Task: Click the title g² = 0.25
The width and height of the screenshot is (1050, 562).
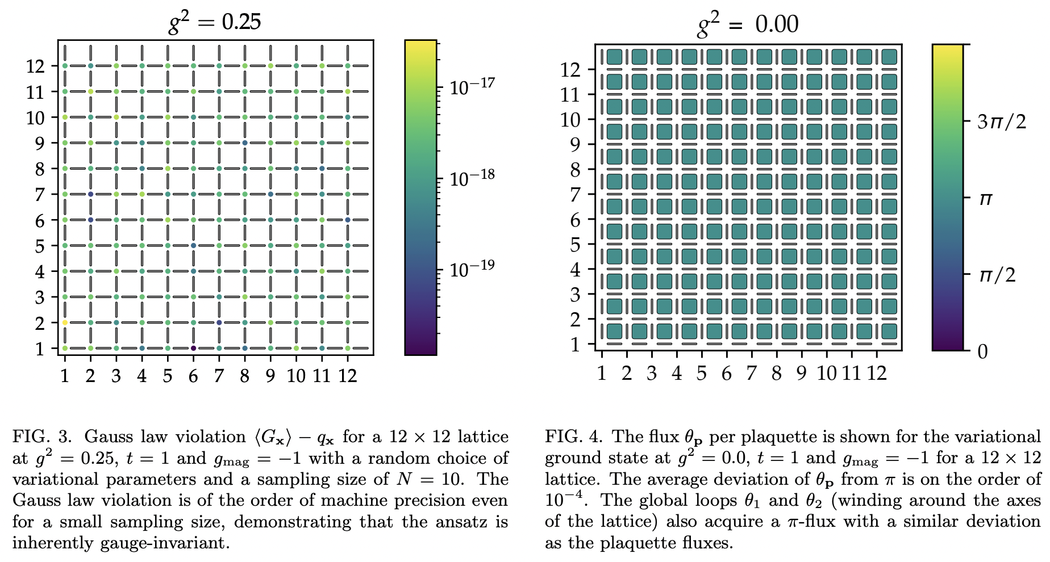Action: pos(215,23)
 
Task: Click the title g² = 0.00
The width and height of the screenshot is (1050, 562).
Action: pos(748,24)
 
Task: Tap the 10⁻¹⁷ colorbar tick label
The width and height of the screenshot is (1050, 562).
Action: pos(472,87)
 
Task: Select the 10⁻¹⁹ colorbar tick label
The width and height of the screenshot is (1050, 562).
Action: pos(472,269)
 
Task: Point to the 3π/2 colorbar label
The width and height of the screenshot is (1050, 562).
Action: pos(1001,121)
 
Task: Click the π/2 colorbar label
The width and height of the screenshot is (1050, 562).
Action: pos(997,275)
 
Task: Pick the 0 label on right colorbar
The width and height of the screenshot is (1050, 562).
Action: pos(982,351)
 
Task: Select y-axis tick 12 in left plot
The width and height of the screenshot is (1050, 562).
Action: pos(35,66)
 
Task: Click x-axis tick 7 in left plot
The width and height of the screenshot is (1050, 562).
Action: pos(219,375)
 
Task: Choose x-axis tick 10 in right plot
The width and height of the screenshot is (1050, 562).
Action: pos(826,373)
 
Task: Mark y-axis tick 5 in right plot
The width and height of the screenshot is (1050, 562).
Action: pos(575,245)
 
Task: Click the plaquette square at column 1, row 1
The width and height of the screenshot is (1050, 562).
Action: pos(614,331)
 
